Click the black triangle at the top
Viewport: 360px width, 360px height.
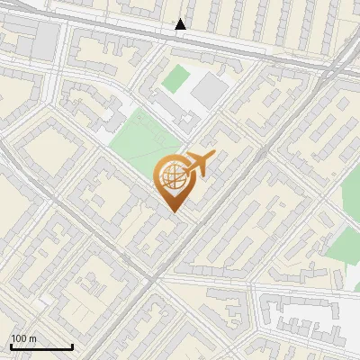pos(181,24)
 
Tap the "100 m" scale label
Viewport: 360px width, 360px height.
pos(24,337)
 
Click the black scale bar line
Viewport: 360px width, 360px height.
pos(41,346)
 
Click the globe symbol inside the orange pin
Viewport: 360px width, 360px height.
pos(171,176)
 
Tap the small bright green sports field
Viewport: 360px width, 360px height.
pos(175,78)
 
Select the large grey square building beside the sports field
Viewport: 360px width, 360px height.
pos(211,90)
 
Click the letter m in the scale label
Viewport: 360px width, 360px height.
pos(33,338)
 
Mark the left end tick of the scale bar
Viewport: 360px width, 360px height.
pos(11,345)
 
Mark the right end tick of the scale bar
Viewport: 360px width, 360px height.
pos(72,345)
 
